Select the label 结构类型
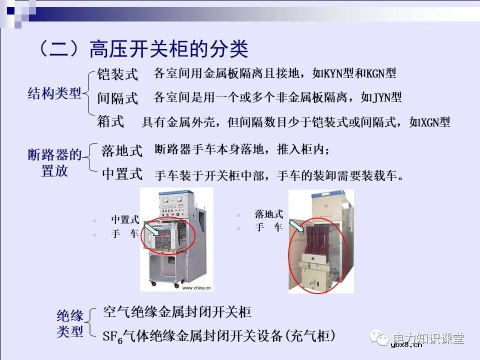pos(54,93)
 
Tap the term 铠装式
pos(117,74)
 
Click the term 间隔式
pos(117,98)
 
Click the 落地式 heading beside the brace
pos(122,150)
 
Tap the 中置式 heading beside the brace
pos(122,174)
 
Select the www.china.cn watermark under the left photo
pos(196,288)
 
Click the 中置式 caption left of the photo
pos(124,219)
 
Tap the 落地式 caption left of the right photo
pos(269,214)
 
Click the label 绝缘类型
pos(69,323)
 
